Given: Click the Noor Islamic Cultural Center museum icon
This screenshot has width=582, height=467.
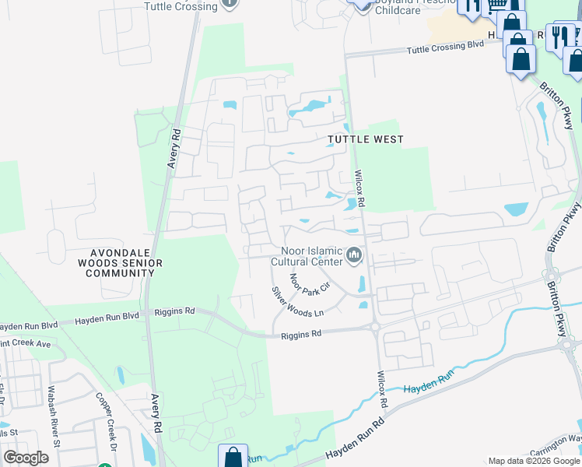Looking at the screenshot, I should tap(355, 255).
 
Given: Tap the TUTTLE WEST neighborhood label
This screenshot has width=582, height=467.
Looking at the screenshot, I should tap(365, 139).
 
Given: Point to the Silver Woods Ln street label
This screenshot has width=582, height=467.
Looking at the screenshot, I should tap(296, 300).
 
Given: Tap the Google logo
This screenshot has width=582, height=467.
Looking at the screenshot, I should tap(26, 458).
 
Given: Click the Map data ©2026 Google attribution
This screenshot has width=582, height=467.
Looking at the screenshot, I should tap(533, 461).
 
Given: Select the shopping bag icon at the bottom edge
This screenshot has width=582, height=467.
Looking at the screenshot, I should tap(233, 455).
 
